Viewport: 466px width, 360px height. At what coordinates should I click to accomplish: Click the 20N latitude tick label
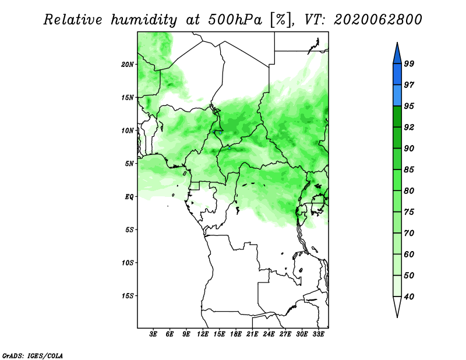pyautogui.click(x=128, y=64)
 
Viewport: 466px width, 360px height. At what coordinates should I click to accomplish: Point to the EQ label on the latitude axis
pyautogui.click(x=129, y=196)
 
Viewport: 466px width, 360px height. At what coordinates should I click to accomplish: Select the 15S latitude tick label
pyautogui.click(x=128, y=296)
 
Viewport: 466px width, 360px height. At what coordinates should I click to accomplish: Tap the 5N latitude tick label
pyautogui.click(x=129, y=164)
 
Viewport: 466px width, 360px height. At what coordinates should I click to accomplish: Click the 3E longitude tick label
pyautogui.click(x=153, y=334)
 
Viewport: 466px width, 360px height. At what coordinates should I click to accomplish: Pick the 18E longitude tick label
pyautogui.click(x=236, y=334)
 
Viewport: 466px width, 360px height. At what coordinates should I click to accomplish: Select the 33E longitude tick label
pyautogui.click(x=318, y=334)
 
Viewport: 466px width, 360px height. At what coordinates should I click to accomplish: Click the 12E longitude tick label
pyautogui.click(x=203, y=334)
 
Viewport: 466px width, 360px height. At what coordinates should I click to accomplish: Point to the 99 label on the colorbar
pyautogui.click(x=409, y=63)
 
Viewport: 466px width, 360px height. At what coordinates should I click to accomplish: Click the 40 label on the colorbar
pyautogui.click(x=409, y=297)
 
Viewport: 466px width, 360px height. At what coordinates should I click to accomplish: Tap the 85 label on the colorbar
pyautogui.click(x=409, y=170)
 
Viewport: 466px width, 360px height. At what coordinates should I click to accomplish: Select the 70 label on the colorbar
pyautogui.click(x=409, y=233)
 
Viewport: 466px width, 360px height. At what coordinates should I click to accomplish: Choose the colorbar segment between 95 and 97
pyautogui.click(x=397, y=96)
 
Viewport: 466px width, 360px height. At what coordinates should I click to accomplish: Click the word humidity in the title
pyautogui.click(x=144, y=20)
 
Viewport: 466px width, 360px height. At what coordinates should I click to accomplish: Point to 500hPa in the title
pyautogui.click(x=235, y=20)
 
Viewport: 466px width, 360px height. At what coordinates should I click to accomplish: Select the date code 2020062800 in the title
pyautogui.click(x=377, y=20)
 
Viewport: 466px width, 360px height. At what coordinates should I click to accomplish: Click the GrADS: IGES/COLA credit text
pyautogui.click(x=33, y=355)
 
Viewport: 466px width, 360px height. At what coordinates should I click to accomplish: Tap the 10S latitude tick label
pyautogui.click(x=128, y=263)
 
